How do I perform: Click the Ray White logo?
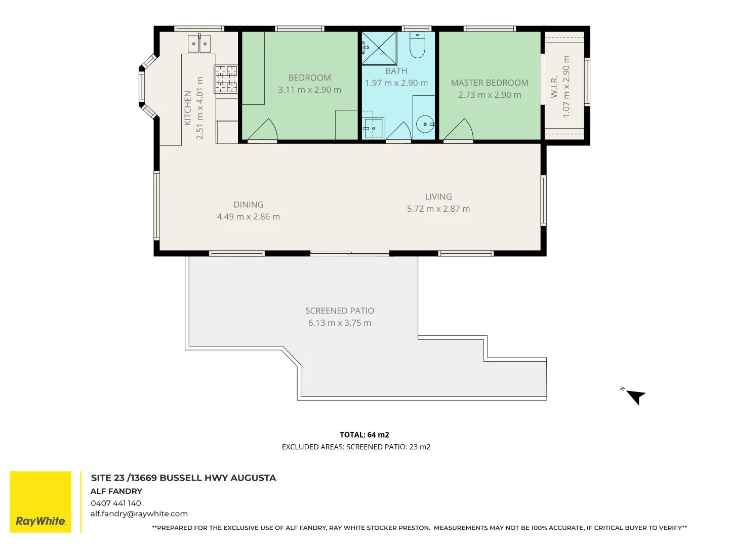(x=40, y=502)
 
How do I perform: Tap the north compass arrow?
(x=635, y=396)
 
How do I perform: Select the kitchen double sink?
(x=199, y=44)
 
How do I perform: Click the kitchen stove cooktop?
(x=226, y=79)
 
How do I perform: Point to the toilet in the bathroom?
(x=417, y=46)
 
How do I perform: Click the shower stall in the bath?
(x=379, y=48)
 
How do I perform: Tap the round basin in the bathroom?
(x=424, y=124)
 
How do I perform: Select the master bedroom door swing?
(x=460, y=131)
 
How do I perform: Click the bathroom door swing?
(x=399, y=132)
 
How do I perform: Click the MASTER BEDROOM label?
(x=490, y=83)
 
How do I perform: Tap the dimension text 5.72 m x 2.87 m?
(x=438, y=209)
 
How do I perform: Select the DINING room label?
(x=248, y=205)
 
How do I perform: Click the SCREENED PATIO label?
(x=340, y=311)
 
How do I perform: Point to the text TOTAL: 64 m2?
(x=364, y=435)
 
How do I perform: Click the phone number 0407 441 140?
(x=116, y=503)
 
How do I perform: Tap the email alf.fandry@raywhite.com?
(x=139, y=514)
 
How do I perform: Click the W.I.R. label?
(x=554, y=87)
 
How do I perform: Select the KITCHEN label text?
(x=188, y=108)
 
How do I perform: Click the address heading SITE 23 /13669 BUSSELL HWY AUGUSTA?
(x=183, y=478)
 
